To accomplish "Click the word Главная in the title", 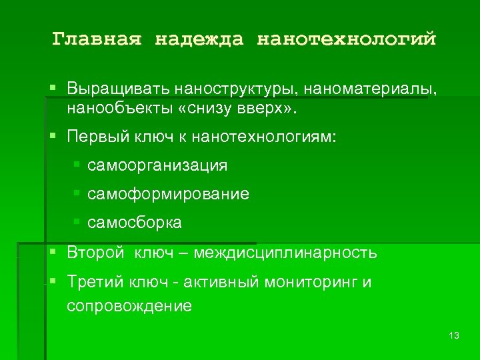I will pyautogui.click(x=97, y=39).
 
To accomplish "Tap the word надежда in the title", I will pyautogui.click(x=200, y=39).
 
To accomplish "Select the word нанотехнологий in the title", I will pyautogui.click(x=347, y=39).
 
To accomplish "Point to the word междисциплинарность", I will pyautogui.click(x=287, y=253).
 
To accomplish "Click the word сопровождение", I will pyautogui.click(x=129, y=306).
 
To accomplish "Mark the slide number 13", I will pyautogui.click(x=455, y=335).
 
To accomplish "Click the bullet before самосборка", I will pyautogui.click(x=77, y=222).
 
